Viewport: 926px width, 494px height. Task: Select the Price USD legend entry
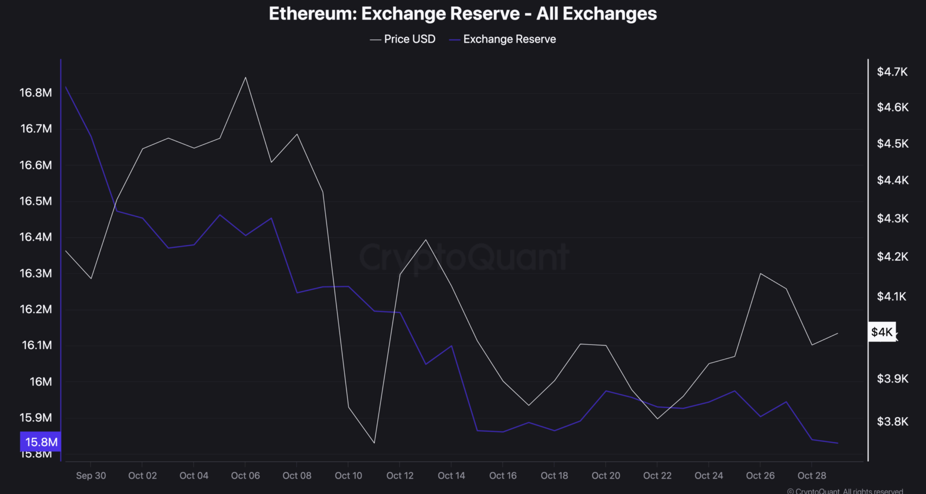coord(409,39)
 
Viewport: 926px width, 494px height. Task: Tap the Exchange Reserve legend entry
coord(509,39)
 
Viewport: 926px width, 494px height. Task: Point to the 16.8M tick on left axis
coord(36,93)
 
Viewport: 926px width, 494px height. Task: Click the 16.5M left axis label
coord(36,201)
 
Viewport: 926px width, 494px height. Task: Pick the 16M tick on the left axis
coord(41,382)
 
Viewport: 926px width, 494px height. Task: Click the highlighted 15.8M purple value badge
coord(41,442)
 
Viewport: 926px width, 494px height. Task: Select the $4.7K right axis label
coord(892,72)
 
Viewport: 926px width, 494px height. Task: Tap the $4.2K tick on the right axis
coord(892,256)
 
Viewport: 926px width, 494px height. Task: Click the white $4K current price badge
coord(882,332)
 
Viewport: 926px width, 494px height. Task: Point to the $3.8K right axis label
coord(892,421)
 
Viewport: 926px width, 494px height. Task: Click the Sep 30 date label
coord(91,476)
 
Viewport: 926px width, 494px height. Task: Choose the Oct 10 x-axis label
coord(348,476)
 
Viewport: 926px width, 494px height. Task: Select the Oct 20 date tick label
coord(606,476)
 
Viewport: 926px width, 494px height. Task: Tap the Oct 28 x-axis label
coord(812,476)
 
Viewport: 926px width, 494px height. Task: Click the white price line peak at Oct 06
coord(245,77)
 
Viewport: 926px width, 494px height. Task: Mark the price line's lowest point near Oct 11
coord(374,443)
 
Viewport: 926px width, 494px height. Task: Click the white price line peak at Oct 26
coord(760,274)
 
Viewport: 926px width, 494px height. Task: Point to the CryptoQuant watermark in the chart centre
coord(464,257)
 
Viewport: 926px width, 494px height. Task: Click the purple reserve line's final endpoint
coord(838,443)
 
